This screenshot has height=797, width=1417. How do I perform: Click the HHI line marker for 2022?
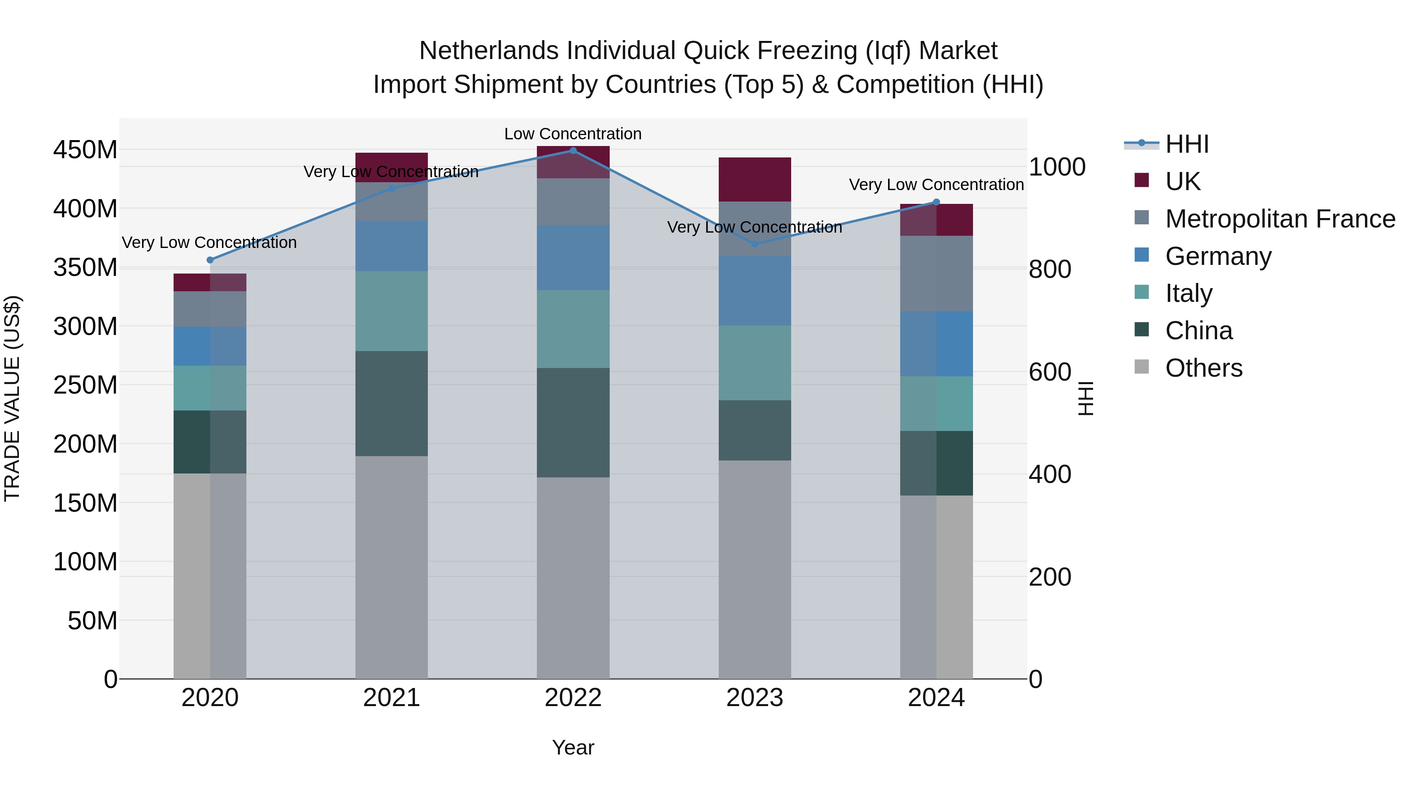(x=573, y=150)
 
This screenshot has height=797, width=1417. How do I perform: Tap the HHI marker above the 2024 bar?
(x=936, y=202)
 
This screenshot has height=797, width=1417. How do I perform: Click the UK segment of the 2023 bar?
(x=754, y=179)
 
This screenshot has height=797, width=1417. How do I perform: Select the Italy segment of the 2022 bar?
(x=573, y=329)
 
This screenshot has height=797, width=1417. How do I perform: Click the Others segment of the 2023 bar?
(x=754, y=569)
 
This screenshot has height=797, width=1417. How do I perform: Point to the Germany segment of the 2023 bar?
(x=754, y=290)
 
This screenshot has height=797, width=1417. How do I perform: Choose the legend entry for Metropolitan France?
(x=1280, y=219)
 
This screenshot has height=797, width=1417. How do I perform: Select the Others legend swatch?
(x=1141, y=367)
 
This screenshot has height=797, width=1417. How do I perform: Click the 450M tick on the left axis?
(x=85, y=150)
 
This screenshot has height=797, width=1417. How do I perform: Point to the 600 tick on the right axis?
(x=1049, y=372)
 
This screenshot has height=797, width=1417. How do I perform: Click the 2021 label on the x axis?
(x=391, y=698)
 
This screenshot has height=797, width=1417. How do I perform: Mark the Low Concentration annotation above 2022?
(x=573, y=134)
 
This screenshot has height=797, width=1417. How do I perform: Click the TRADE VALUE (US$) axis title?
(x=12, y=398)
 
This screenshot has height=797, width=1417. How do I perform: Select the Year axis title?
(x=573, y=747)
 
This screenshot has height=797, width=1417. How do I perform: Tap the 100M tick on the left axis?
(x=85, y=562)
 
